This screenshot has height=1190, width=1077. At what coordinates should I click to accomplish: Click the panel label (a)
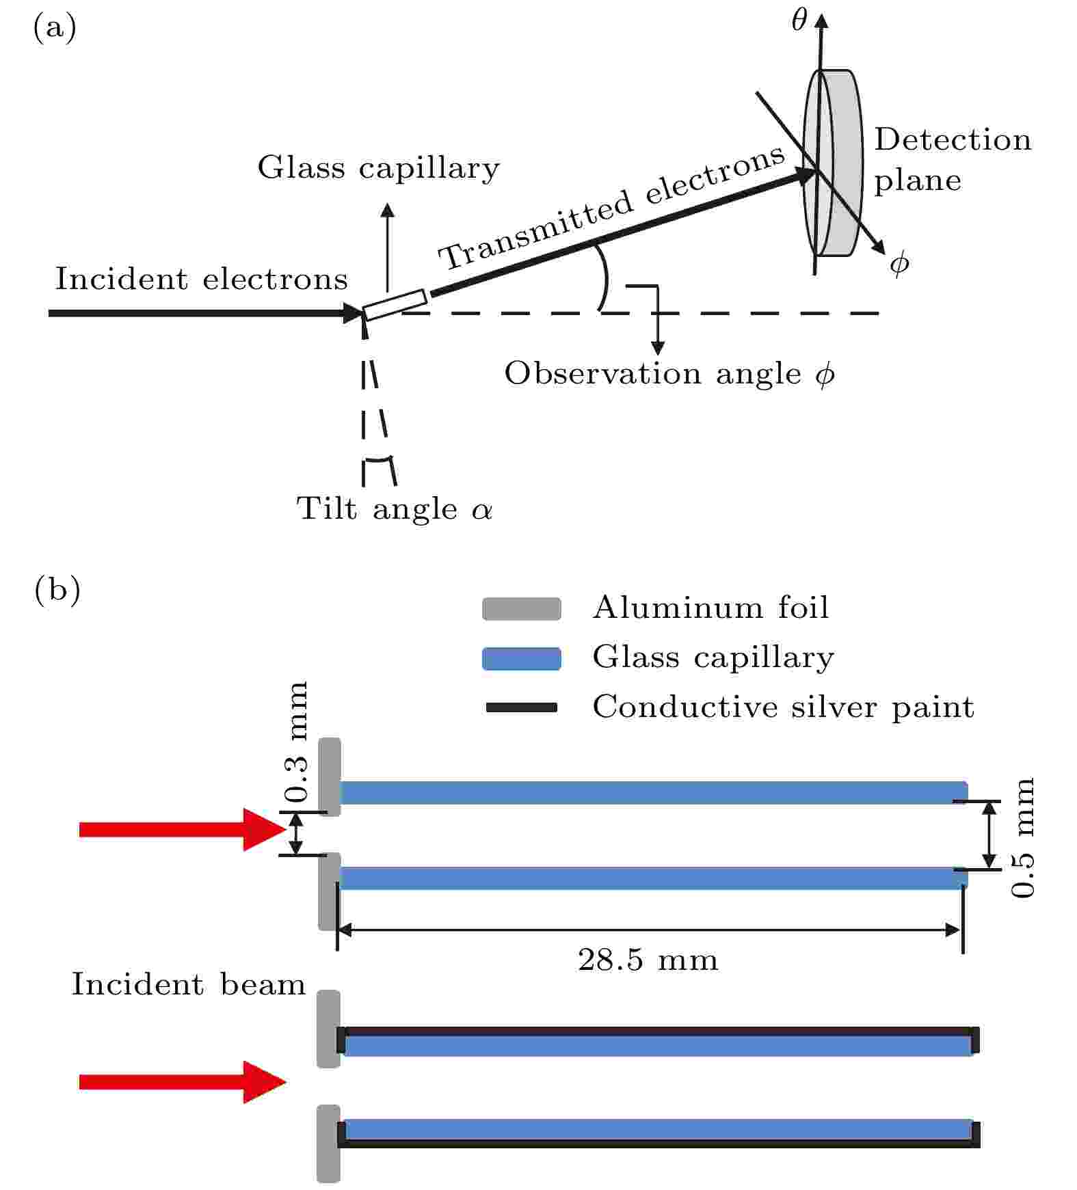point(55,28)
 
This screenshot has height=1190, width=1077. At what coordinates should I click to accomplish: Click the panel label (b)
point(57,589)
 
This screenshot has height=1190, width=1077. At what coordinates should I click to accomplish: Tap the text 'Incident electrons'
point(201,279)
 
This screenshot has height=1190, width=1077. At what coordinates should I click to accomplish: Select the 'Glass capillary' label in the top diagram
point(378,168)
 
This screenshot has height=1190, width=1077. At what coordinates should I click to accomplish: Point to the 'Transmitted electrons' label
point(611,208)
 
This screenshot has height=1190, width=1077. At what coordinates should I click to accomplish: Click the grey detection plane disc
point(832,163)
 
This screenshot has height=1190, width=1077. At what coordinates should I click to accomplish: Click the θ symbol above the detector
point(799,21)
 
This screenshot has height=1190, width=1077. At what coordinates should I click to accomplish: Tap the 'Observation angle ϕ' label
point(669,374)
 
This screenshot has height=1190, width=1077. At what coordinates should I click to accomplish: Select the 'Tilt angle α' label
point(394,509)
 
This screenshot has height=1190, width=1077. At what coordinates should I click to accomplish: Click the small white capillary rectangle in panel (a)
point(395,305)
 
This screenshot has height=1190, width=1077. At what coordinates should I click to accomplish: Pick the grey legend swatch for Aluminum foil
point(522,609)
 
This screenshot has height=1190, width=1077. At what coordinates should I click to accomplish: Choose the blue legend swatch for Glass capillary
point(522,659)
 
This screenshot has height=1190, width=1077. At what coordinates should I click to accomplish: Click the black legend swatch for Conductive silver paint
point(521,707)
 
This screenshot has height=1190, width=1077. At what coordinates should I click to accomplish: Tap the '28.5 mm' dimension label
point(648,960)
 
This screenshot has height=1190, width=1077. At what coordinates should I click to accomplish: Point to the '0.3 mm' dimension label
point(297,742)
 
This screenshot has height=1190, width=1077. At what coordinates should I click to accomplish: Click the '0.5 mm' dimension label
point(1024,837)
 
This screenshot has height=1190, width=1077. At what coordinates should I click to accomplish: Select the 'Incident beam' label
point(188,985)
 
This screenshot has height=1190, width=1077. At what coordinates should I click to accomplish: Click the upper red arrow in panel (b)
point(183,830)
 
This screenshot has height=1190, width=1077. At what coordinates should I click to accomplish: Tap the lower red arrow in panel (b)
point(183,1082)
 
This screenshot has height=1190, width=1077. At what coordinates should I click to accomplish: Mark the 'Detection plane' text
point(953,160)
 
